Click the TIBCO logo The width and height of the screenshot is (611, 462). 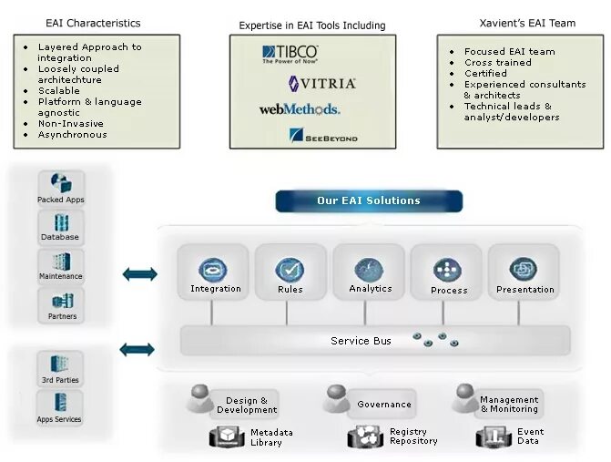pyautogui.click(x=290, y=54)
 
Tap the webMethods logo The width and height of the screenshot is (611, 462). pyautogui.click(x=300, y=109)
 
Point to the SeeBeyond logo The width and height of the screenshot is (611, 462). pyautogui.click(x=323, y=137)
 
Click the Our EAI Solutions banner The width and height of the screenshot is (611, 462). pyautogui.click(x=369, y=200)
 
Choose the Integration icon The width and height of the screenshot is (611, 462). pyautogui.click(x=213, y=269)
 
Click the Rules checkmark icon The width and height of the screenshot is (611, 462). pyautogui.click(x=290, y=270)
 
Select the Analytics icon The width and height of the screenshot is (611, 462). pyautogui.click(x=369, y=269)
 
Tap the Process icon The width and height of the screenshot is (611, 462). pyautogui.click(x=446, y=270)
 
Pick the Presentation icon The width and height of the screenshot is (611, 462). pyautogui.click(x=524, y=269)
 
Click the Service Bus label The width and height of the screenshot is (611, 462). pyautogui.click(x=361, y=341)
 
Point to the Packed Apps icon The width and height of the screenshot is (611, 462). pyautogui.click(x=62, y=183)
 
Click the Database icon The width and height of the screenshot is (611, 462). pyautogui.click(x=62, y=222)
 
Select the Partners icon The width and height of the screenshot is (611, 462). pyautogui.click(x=62, y=301)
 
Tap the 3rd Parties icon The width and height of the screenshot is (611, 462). pyautogui.click(x=62, y=363)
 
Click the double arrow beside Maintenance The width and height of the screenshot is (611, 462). pyautogui.click(x=138, y=273)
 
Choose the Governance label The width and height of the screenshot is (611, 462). pyautogui.click(x=383, y=404)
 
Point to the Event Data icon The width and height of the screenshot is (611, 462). pyautogui.click(x=491, y=437)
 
